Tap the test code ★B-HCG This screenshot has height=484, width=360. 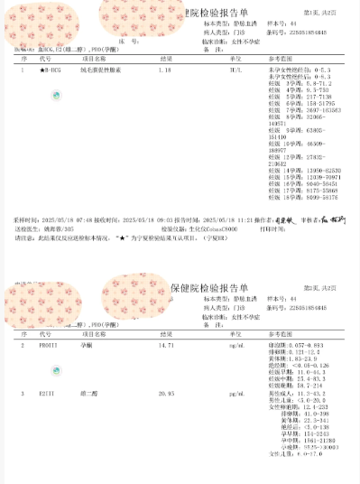[51, 69]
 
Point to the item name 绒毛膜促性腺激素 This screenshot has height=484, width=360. [99, 69]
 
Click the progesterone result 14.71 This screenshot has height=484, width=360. [166, 346]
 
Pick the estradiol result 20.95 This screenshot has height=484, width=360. [166, 395]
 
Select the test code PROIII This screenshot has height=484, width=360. [49, 346]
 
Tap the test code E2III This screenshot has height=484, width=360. [48, 395]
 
